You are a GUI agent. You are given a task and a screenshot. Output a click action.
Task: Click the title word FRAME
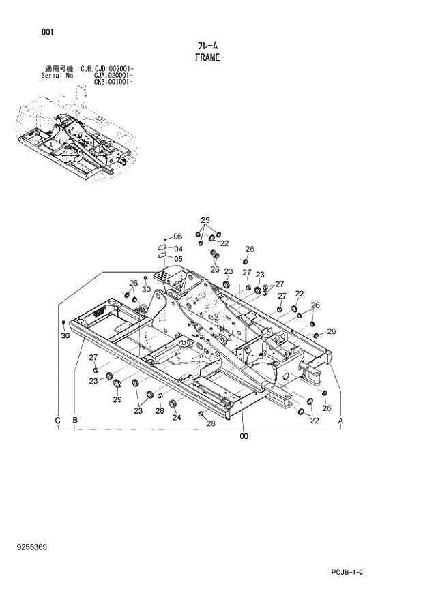pyautogui.click(x=207, y=58)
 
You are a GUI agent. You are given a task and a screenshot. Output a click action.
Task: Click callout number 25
pyautogui.click(x=205, y=219)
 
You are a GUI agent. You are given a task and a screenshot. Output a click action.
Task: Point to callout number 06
pyautogui.click(x=177, y=236)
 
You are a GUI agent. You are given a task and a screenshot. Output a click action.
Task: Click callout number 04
pyautogui.click(x=177, y=248)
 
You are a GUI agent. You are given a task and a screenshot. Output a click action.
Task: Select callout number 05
pyautogui.click(x=177, y=258)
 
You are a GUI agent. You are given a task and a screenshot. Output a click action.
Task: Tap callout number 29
pyautogui.click(x=117, y=399)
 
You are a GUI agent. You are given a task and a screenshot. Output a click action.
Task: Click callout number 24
pyautogui.click(x=177, y=418)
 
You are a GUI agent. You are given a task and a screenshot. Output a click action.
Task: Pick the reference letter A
pyautogui.click(x=340, y=422)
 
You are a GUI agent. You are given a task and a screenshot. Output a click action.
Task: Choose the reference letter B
pyautogui.click(x=74, y=421)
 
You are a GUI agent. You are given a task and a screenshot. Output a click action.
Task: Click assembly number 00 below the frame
pyautogui.click(x=243, y=437)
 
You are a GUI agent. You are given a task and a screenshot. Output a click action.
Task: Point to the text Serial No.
pyautogui.click(x=58, y=76)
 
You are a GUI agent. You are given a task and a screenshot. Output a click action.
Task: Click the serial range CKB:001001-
pyautogui.click(x=113, y=82)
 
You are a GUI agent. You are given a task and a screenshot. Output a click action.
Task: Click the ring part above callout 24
pyautogui.click(x=173, y=404)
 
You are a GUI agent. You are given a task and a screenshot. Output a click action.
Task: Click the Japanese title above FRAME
pyautogui.click(x=207, y=46)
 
